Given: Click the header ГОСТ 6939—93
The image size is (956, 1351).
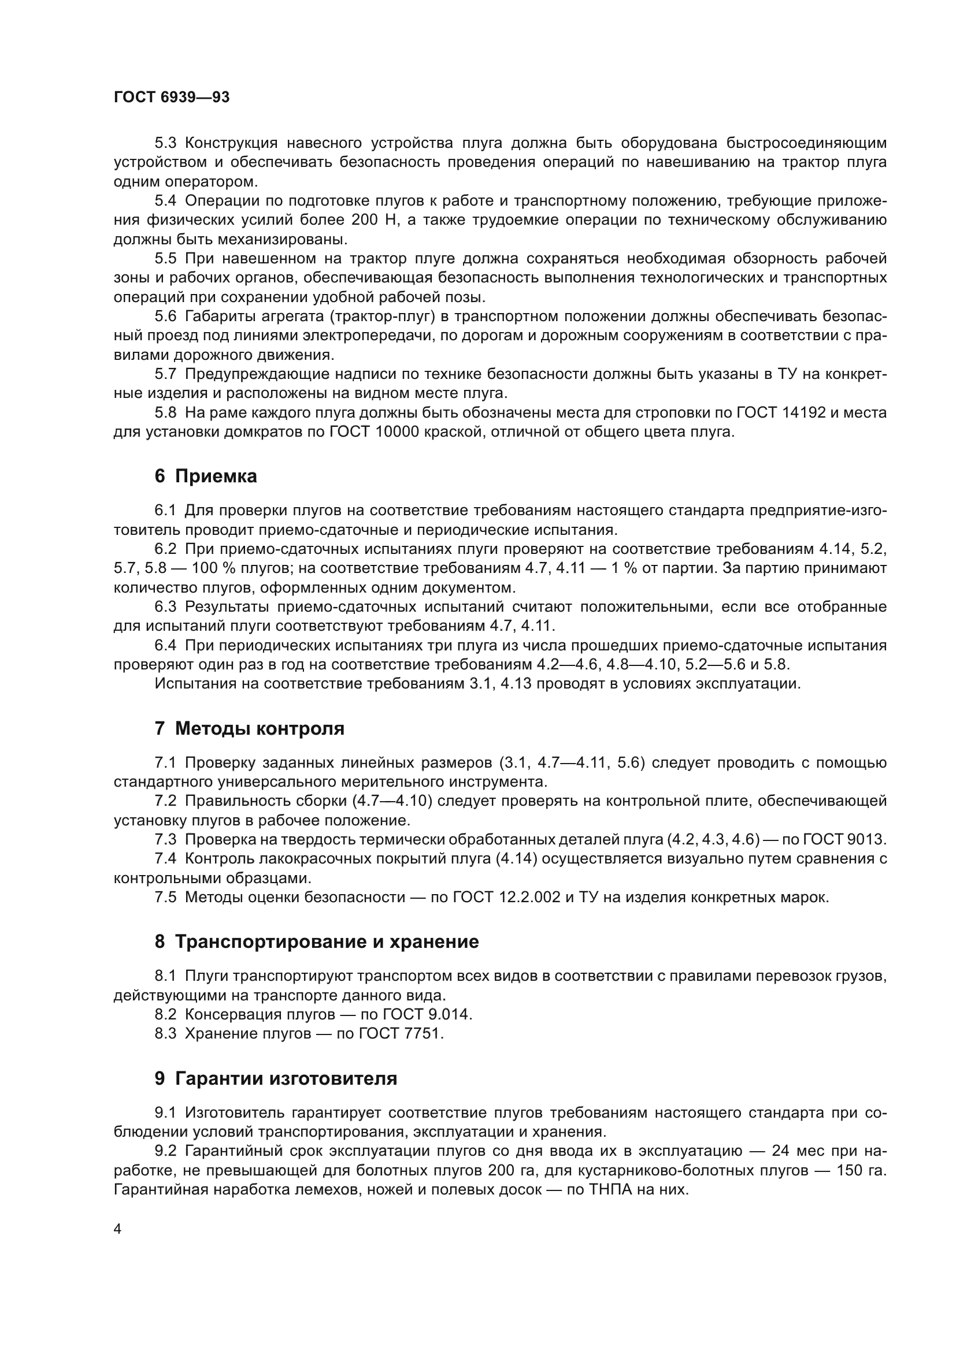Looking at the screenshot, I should click(x=171, y=98).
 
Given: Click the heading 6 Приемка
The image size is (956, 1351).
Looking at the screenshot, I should click(x=205, y=476).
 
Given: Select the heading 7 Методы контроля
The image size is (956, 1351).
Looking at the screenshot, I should click(x=249, y=728).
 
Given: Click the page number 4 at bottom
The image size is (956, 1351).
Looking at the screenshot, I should click(x=118, y=1229).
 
